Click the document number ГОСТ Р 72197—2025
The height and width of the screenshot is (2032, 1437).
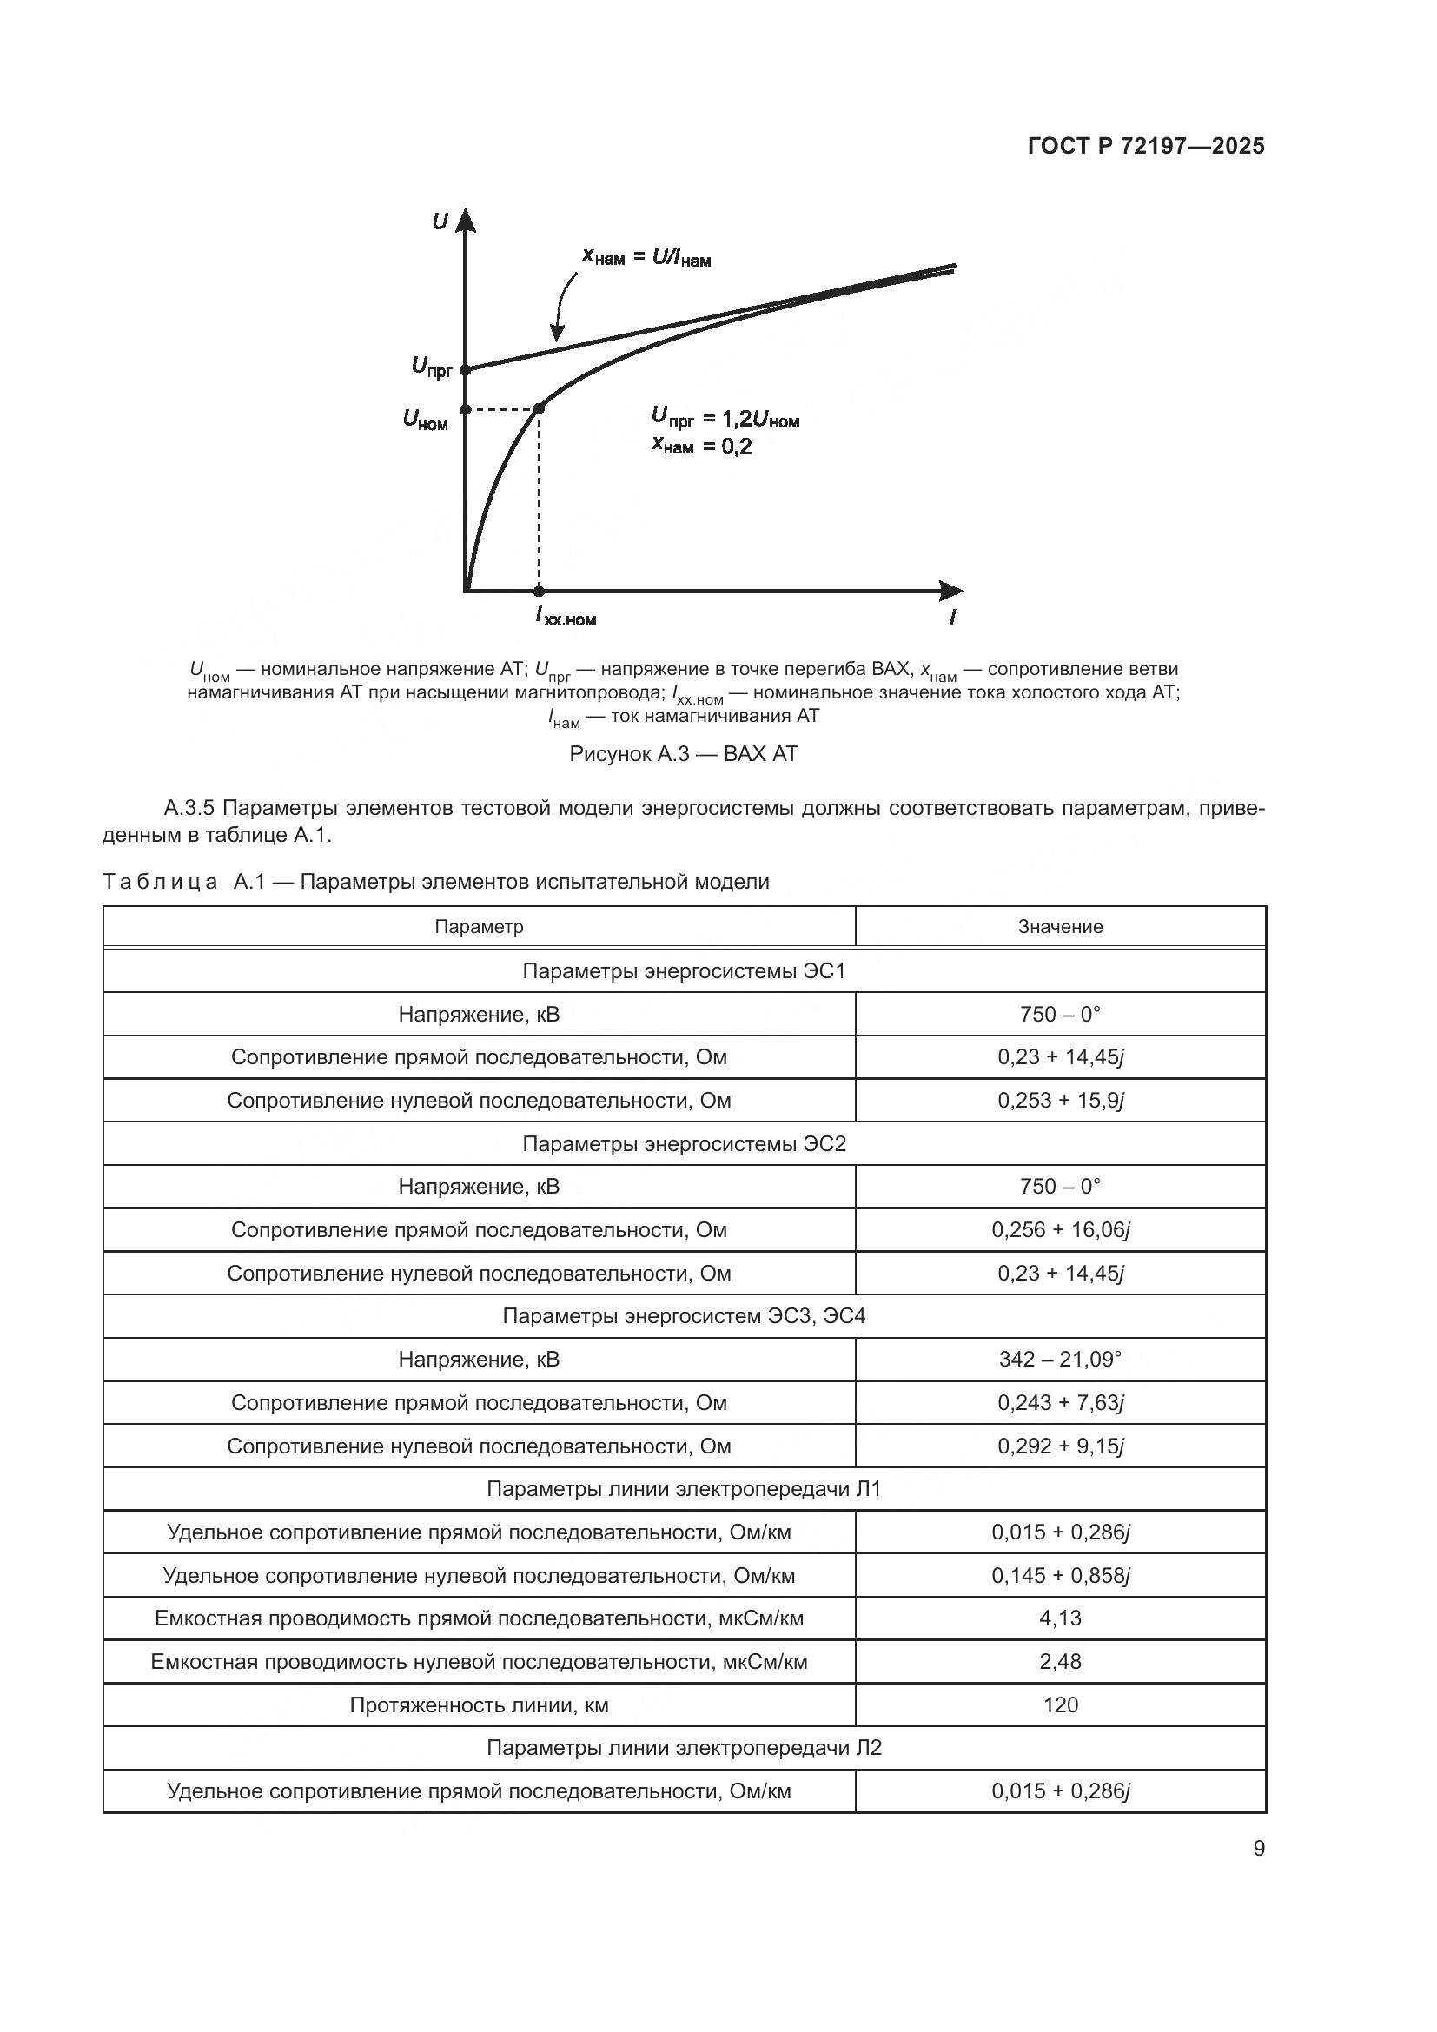[x=1146, y=146]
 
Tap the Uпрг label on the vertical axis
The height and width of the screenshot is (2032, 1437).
[x=432, y=366]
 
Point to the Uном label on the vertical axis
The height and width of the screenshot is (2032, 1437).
[x=426, y=419]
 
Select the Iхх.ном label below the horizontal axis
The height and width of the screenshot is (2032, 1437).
[x=566, y=617]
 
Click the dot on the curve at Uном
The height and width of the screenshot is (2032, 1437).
[x=540, y=407]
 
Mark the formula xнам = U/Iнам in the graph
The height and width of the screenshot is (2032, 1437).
[x=646, y=257]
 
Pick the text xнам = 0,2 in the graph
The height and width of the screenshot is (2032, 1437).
[x=702, y=447]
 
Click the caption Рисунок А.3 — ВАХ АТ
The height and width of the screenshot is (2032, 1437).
[x=683, y=754]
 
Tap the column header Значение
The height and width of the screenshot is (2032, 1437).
[x=1059, y=927]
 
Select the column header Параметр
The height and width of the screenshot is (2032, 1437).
[x=479, y=927]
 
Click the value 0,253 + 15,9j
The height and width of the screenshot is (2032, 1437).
[x=1059, y=1100]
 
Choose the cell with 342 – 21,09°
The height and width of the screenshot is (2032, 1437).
[x=1059, y=1359]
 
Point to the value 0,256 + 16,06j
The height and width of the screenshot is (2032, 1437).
[x=1059, y=1229]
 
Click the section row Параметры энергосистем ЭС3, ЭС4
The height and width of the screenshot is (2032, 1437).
[x=683, y=1316]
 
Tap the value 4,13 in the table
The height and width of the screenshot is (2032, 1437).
[x=1059, y=1618]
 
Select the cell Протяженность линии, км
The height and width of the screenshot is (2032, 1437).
[x=479, y=1704]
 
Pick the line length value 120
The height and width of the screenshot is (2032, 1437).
[x=1059, y=1704]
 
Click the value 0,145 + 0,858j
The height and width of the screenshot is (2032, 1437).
[x=1059, y=1575]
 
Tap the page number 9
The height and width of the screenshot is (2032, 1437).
[x=1258, y=1849]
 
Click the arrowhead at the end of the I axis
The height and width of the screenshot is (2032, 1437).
[x=952, y=590]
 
